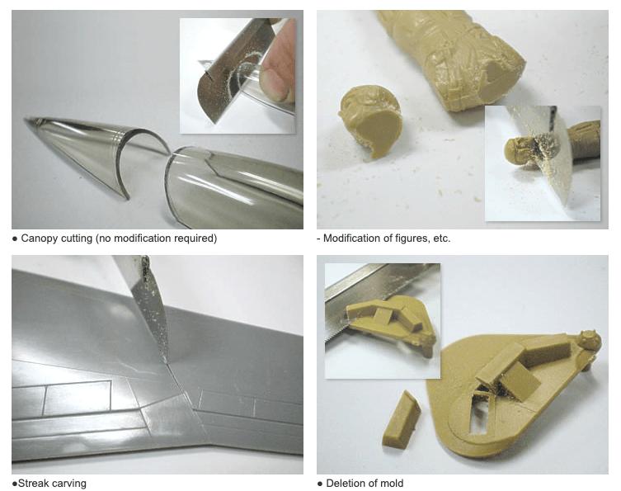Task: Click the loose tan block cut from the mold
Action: pos(401,419)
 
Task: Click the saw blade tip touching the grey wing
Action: pos(165,361)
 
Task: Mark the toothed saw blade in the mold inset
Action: pos(376,295)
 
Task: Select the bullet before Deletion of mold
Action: pos(320,484)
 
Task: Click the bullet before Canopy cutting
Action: pos(15,238)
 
